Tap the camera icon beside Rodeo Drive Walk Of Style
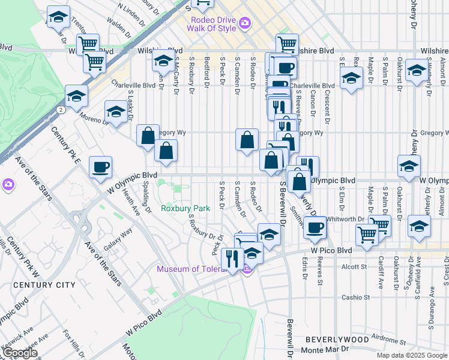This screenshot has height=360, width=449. click(x=245, y=23)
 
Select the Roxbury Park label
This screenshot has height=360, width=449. click(x=185, y=208)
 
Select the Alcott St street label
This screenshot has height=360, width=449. click(x=354, y=266)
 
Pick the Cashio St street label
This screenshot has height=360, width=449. click(x=356, y=297)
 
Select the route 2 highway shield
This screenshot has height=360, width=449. click(x=61, y=110)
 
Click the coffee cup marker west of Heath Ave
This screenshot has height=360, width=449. click(x=101, y=167)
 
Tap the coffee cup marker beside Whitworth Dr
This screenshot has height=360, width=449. click(x=315, y=227)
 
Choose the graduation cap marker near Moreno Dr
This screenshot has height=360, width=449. click(x=116, y=110)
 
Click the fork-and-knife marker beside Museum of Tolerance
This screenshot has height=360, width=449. click(x=231, y=259)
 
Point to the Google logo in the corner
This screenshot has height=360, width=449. click(x=20, y=353)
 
